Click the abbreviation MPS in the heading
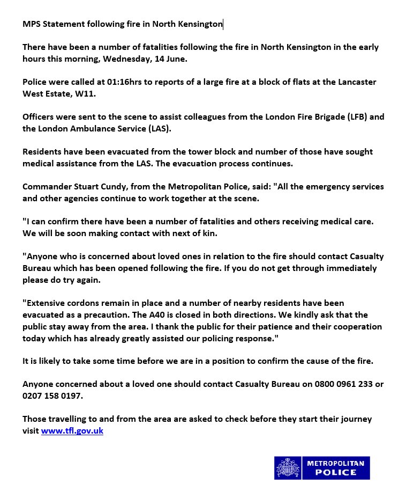[31, 24]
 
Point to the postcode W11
[77, 94]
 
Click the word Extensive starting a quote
[45, 304]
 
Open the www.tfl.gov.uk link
[72, 430]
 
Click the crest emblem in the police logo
[288, 468]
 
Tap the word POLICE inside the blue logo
[336, 473]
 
